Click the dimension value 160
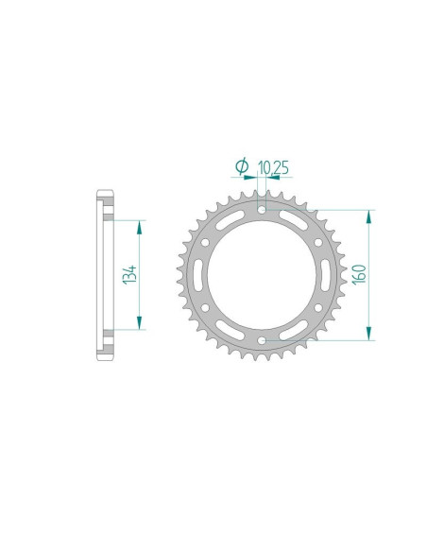360,273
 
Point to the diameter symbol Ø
242,167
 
